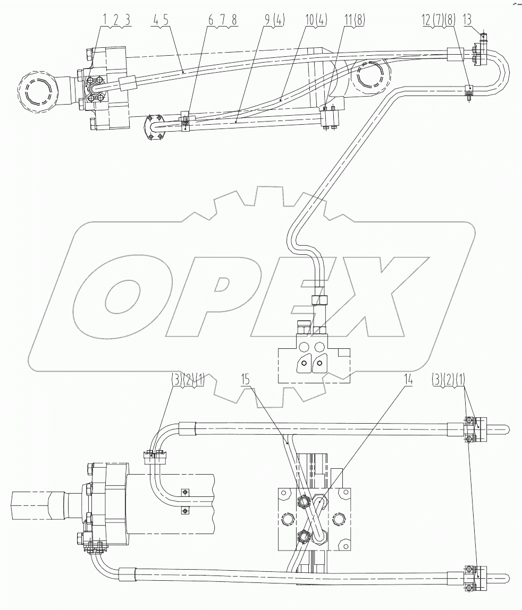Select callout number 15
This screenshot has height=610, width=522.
point(245,381)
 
